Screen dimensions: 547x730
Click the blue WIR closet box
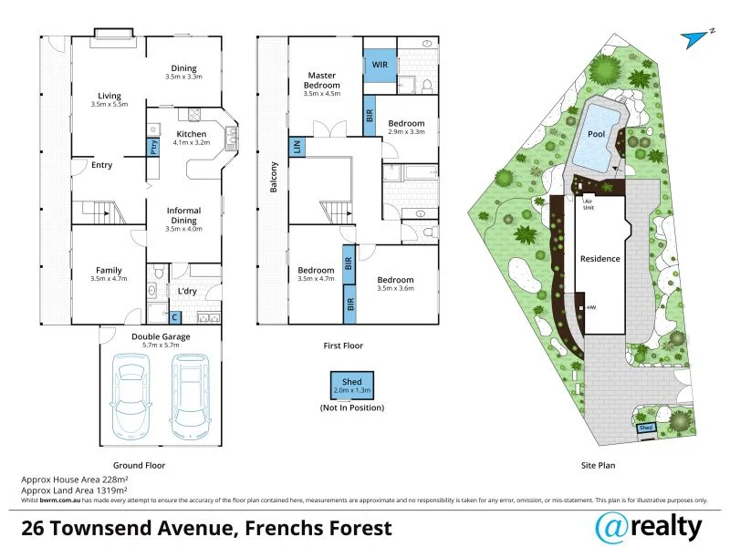point(380,64)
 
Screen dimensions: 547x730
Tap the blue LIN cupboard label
point(297,146)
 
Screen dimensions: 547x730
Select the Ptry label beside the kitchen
point(153,146)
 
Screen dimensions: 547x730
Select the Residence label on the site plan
point(600,258)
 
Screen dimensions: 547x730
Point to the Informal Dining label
point(183,216)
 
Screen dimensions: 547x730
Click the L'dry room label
point(187,291)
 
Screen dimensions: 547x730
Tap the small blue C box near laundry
point(175,317)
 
